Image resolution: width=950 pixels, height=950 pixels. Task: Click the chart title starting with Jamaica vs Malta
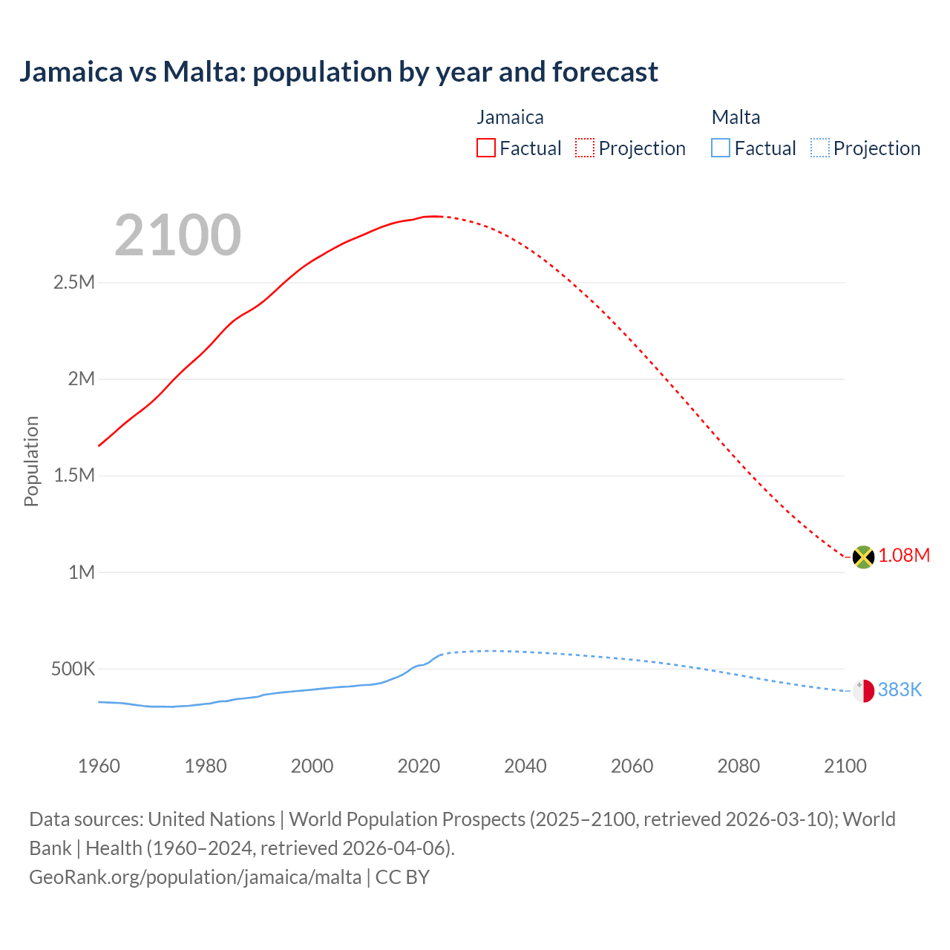(x=338, y=72)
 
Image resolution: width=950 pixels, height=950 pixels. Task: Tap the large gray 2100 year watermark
(x=177, y=235)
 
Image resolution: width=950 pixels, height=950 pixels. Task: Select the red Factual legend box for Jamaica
(x=486, y=148)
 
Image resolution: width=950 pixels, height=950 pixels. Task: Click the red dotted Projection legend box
(x=585, y=148)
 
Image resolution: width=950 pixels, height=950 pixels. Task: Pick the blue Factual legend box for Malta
(x=721, y=148)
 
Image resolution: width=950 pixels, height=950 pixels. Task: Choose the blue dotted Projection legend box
(x=820, y=148)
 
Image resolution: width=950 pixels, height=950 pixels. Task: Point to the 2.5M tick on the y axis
(x=74, y=282)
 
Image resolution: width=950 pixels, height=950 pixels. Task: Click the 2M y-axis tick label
(x=82, y=379)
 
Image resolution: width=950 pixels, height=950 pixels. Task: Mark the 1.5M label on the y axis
(x=74, y=475)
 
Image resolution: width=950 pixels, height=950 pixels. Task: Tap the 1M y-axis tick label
(x=82, y=572)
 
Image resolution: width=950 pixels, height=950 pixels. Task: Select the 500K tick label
(x=73, y=669)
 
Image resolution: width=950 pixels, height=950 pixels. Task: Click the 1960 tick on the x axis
(x=99, y=766)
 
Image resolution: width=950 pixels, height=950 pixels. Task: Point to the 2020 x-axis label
(x=419, y=766)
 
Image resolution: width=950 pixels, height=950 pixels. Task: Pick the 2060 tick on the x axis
(x=632, y=766)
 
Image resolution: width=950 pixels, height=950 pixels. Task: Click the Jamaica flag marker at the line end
(x=863, y=557)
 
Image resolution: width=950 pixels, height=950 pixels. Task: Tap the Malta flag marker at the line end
(x=863, y=690)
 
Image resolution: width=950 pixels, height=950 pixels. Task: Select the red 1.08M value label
(x=904, y=556)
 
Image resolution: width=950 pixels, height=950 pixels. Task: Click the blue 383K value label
(x=900, y=690)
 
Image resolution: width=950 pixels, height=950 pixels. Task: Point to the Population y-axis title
(x=31, y=461)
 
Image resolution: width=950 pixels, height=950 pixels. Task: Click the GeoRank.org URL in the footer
(x=195, y=877)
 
